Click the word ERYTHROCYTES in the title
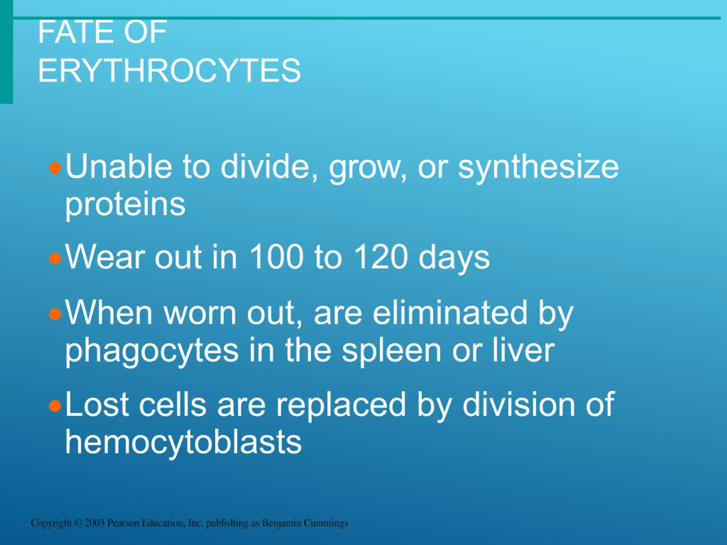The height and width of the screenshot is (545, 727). click(169, 70)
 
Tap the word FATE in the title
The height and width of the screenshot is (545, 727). click(76, 32)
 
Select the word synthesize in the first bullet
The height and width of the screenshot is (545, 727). click(538, 168)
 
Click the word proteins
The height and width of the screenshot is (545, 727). click(125, 205)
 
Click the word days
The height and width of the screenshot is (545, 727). click(454, 259)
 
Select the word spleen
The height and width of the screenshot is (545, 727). click(391, 351)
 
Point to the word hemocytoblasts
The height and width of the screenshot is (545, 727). click(183, 442)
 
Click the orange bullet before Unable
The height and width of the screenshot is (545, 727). click(55, 169)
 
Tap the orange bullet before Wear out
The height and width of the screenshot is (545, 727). click(55, 258)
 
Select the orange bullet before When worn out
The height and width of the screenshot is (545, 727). click(55, 314)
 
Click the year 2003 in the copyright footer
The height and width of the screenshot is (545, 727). click(95, 523)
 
